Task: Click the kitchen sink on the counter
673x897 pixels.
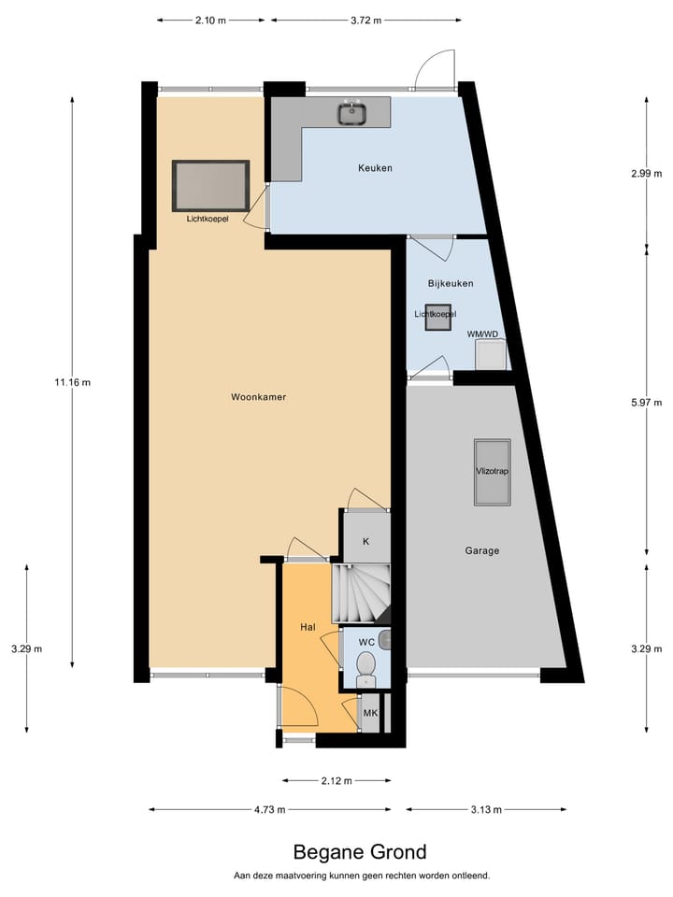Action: pos(352,113)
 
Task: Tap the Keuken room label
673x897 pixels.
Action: pos(375,168)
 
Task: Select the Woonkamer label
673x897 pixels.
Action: pos(258,397)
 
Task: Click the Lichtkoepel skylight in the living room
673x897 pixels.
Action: pos(210,185)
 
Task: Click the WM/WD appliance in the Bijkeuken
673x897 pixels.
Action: pos(490,354)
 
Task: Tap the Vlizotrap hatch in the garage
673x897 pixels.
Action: pos(492,472)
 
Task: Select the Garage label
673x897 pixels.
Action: pos(482,550)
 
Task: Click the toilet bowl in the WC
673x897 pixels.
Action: pos(365,665)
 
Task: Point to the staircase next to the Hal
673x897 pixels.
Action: pos(361,592)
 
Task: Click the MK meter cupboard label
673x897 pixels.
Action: pos(370,715)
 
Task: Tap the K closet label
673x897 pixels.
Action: pos(365,541)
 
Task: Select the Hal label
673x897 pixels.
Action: pos(308,627)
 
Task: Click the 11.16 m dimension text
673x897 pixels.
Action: pos(73,381)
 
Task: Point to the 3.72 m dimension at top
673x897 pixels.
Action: pos(365,21)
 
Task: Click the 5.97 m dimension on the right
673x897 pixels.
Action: pos(646,403)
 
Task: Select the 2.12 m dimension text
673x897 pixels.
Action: pos(336,780)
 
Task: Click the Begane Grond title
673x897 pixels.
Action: pos(360,852)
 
